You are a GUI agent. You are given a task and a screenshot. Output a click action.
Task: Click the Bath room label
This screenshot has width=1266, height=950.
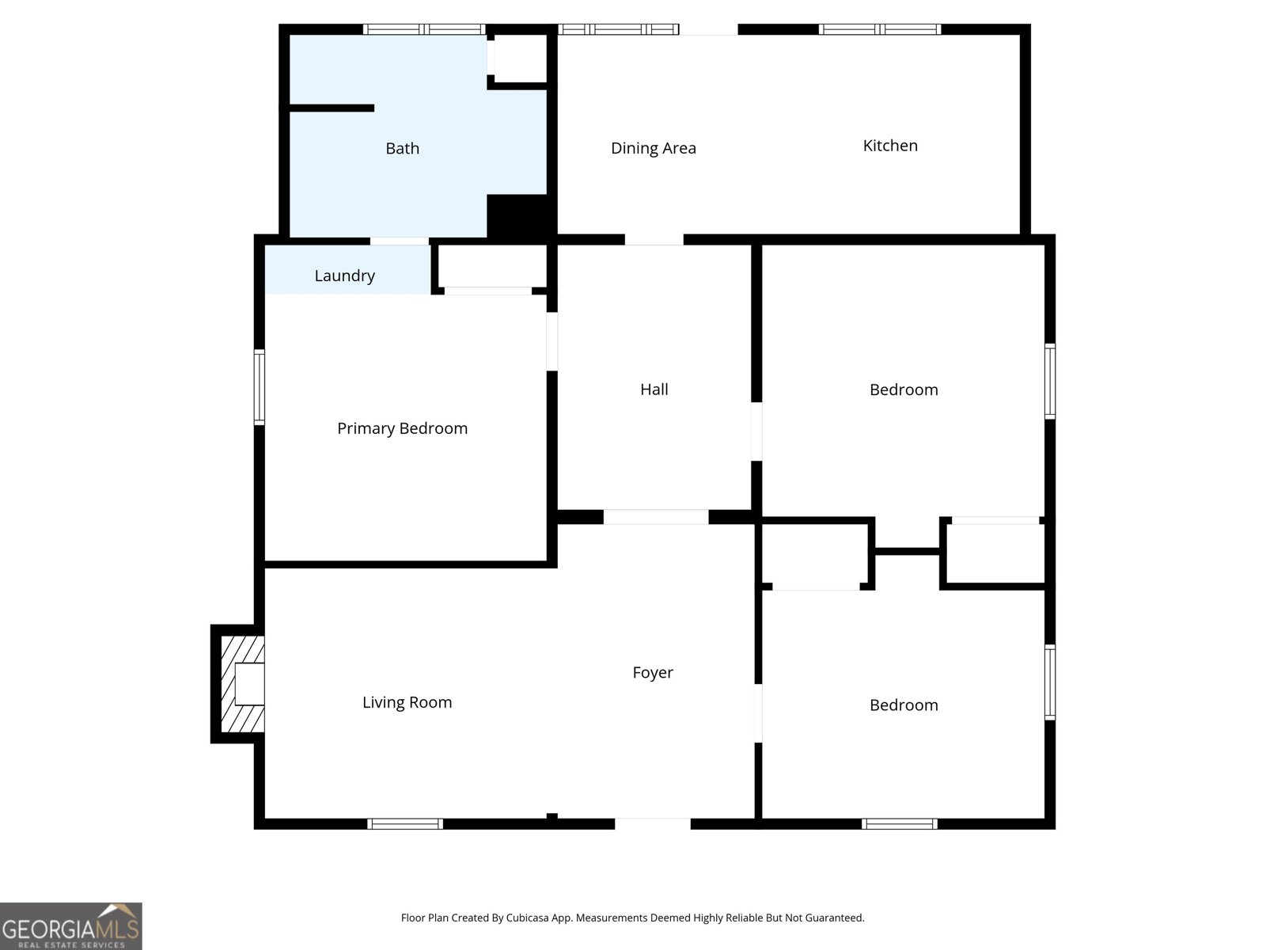tap(402, 148)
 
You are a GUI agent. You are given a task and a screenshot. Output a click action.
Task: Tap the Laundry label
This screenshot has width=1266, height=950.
tap(344, 275)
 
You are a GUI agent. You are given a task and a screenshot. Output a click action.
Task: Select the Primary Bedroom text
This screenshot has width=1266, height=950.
tap(402, 428)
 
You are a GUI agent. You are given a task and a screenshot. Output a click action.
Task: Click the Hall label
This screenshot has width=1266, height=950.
tap(654, 389)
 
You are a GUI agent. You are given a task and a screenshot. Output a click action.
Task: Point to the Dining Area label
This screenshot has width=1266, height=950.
tap(653, 148)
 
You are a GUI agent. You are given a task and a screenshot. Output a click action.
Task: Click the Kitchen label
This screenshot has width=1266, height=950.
tap(889, 146)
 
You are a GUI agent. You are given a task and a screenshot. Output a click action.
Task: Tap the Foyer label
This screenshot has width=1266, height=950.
tap(652, 672)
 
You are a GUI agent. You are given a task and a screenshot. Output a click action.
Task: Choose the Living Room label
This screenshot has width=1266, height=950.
tap(407, 702)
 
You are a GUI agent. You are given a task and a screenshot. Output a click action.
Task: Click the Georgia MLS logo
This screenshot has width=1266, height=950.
tap(70, 925)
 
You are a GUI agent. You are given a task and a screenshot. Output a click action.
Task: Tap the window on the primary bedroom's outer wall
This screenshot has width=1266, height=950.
tap(259, 387)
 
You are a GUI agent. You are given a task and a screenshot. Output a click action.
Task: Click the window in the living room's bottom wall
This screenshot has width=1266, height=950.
tap(405, 823)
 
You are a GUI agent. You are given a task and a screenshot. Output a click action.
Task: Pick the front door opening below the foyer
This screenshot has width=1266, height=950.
tap(652, 823)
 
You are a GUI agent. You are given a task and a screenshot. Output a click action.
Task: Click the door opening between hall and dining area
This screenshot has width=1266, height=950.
tap(654, 239)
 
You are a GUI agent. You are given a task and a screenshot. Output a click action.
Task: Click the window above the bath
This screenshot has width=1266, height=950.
tap(424, 29)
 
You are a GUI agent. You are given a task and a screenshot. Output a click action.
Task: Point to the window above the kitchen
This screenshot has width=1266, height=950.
tap(879, 29)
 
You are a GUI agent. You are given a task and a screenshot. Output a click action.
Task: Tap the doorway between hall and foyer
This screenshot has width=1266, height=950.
tap(655, 517)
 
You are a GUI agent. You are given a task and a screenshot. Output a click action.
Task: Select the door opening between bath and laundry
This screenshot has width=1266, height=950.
tap(400, 241)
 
